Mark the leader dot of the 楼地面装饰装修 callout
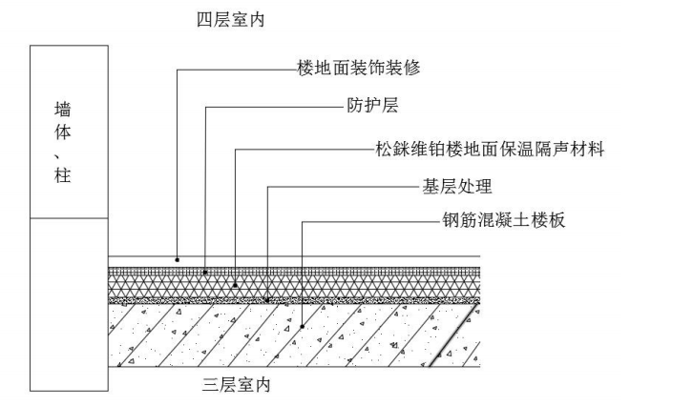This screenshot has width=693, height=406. (177, 258)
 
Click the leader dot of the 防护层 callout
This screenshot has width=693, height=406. (206, 272)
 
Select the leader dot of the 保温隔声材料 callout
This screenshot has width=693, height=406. (235, 284)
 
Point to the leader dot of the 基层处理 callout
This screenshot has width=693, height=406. (268, 299)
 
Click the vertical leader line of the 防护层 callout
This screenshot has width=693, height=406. (206, 191)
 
